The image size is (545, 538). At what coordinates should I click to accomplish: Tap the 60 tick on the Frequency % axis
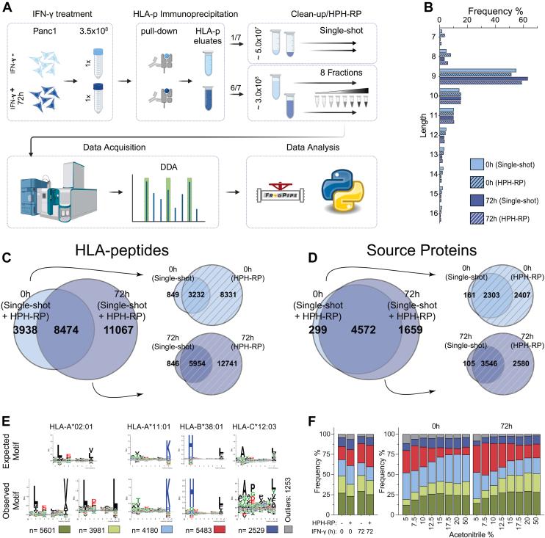tap(522, 20)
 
